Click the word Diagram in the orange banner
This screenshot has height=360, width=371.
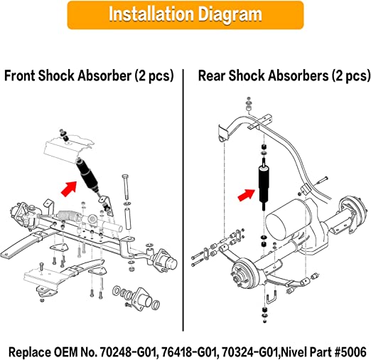(x=230, y=15)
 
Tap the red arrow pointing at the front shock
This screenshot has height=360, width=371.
(x=69, y=189)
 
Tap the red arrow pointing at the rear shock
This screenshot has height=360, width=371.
(x=246, y=195)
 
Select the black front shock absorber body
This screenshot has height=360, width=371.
(x=87, y=176)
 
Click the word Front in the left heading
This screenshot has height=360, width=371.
(x=20, y=75)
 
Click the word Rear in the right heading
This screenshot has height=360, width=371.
(x=212, y=75)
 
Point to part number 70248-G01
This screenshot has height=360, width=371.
(x=128, y=352)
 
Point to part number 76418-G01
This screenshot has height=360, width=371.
(x=189, y=352)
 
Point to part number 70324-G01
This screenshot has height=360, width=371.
(x=250, y=352)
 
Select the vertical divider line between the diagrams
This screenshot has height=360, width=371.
(x=183, y=200)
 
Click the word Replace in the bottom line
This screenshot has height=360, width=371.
(x=29, y=352)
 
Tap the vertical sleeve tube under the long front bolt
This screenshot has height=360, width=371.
(x=128, y=218)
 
